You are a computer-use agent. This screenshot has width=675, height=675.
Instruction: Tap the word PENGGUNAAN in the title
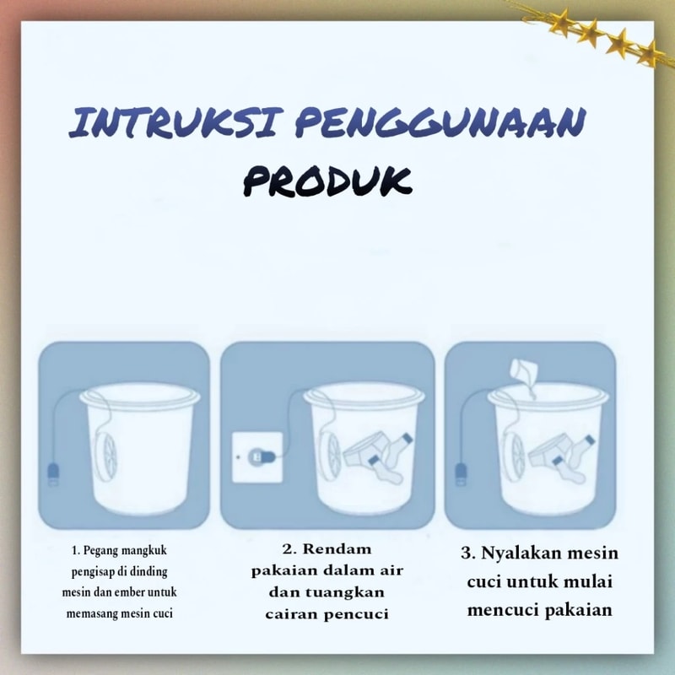tap(440, 122)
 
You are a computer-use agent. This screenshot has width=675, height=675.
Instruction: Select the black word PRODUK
tap(327, 181)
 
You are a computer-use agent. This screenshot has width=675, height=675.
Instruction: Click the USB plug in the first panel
tap(53, 473)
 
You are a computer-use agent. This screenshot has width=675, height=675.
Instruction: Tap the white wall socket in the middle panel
tap(257, 457)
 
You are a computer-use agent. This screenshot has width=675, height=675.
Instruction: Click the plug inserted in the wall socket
tap(262, 456)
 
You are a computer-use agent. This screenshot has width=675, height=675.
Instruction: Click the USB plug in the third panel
tap(461, 474)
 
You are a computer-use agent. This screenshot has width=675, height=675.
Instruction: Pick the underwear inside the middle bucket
tap(364, 450)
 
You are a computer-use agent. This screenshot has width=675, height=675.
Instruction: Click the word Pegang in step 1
tap(100, 551)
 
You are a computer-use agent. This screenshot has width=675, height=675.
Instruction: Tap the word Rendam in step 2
tap(337, 549)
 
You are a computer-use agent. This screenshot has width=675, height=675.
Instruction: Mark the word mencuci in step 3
tap(504, 610)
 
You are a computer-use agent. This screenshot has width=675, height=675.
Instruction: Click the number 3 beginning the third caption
tap(466, 553)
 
